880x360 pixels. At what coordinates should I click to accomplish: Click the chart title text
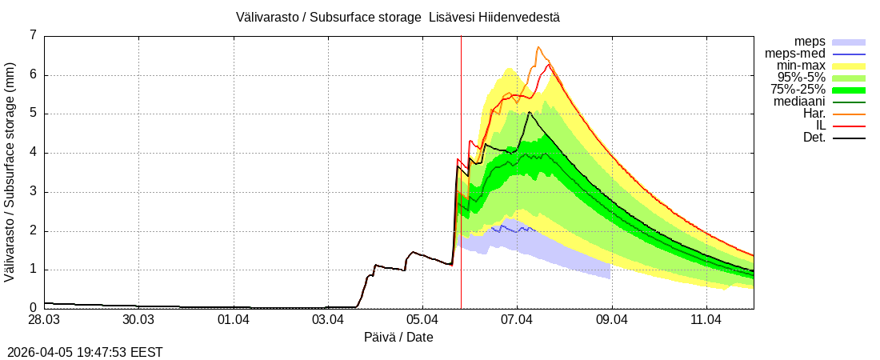point(398,17)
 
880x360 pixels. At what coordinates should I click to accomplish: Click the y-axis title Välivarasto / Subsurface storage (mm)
point(10,171)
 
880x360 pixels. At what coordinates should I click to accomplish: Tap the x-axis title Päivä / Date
point(398,337)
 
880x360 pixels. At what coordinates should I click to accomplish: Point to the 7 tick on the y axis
point(33,35)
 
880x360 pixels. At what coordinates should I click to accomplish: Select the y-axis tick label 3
point(33,192)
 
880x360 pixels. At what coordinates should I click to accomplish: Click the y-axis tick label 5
point(33,114)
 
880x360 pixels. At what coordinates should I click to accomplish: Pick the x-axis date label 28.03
point(44,320)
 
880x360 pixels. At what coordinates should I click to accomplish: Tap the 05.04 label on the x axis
point(422,320)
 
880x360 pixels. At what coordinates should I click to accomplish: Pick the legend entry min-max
point(801,65)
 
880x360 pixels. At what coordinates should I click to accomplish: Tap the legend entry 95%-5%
point(802,77)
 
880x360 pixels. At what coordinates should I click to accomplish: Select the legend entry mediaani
point(799,101)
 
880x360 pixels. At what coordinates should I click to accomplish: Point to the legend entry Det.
point(814,138)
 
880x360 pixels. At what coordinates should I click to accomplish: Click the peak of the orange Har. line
point(538,47)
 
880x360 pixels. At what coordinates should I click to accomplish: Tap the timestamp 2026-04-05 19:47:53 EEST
point(85,351)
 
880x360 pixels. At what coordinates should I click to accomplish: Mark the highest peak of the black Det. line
point(530,112)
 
